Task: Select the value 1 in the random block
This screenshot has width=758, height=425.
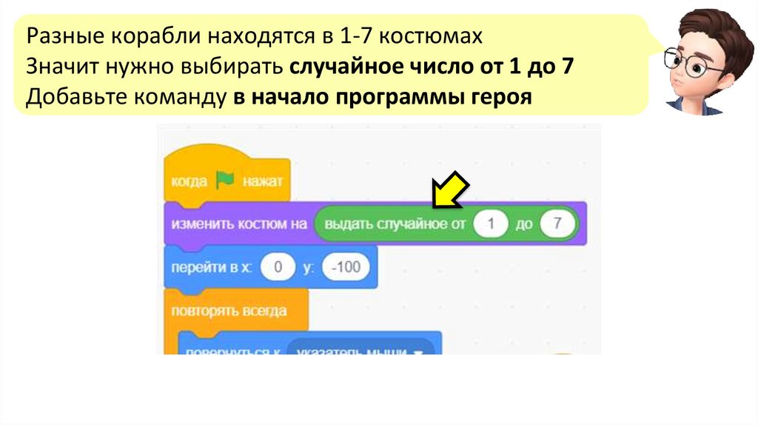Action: pyautogui.click(x=491, y=224)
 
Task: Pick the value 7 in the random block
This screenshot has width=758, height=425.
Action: pyautogui.click(x=557, y=224)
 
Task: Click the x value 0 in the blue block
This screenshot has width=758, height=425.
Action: pyautogui.click(x=278, y=267)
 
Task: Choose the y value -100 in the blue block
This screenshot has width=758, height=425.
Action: pyautogui.click(x=346, y=267)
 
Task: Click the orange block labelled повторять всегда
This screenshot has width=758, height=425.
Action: pyautogui.click(x=229, y=309)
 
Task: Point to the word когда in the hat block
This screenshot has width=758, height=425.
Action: pyautogui.click(x=188, y=181)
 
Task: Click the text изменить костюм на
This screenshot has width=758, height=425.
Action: pyautogui.click(x=238, y=224)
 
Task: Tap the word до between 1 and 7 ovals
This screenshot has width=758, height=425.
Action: pyautogui.click(x=524, y=224)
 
